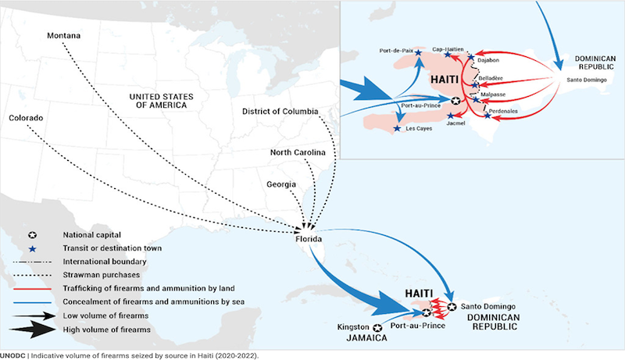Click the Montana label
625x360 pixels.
click(64, 35)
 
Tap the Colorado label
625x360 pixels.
click(26, 118)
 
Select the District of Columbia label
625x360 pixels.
click(280, 112)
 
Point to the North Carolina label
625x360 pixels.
click(298, 152)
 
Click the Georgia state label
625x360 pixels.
click(281, 184)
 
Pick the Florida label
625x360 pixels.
click(309, 239)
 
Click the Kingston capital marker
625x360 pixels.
click(377, 328)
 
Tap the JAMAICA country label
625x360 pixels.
click(366, 338)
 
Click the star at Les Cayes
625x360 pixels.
click(397, 128)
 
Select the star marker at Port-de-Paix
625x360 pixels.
click(418, 52)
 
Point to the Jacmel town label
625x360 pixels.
click(455, 123)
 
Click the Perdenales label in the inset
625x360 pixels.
click(503, 111)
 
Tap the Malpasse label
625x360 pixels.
click(493, 94)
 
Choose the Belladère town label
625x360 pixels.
click(491, 78)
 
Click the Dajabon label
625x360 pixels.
click(488, 60)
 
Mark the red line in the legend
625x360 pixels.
click(32, 289)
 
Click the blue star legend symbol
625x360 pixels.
click(32, 249)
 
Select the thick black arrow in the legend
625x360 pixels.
click(32, 330)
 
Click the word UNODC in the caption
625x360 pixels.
click(12, 356)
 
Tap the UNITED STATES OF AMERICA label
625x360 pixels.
click(162, 102)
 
